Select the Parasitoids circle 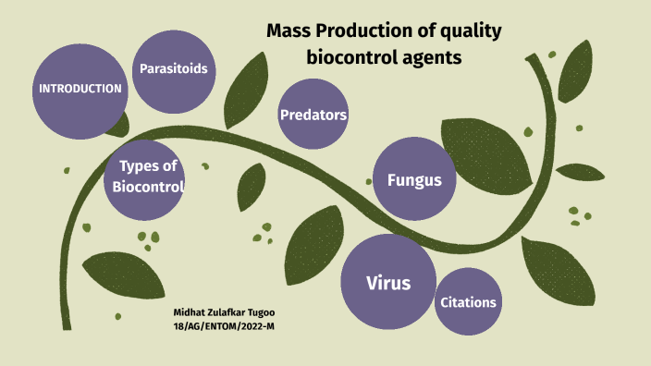[173, 68]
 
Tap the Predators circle [313, 115]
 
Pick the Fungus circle [413, 179]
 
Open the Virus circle [387, 282]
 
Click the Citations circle [468, 302]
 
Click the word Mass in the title [288, 31]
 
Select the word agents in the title [432, 57]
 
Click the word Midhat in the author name [190, 313]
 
